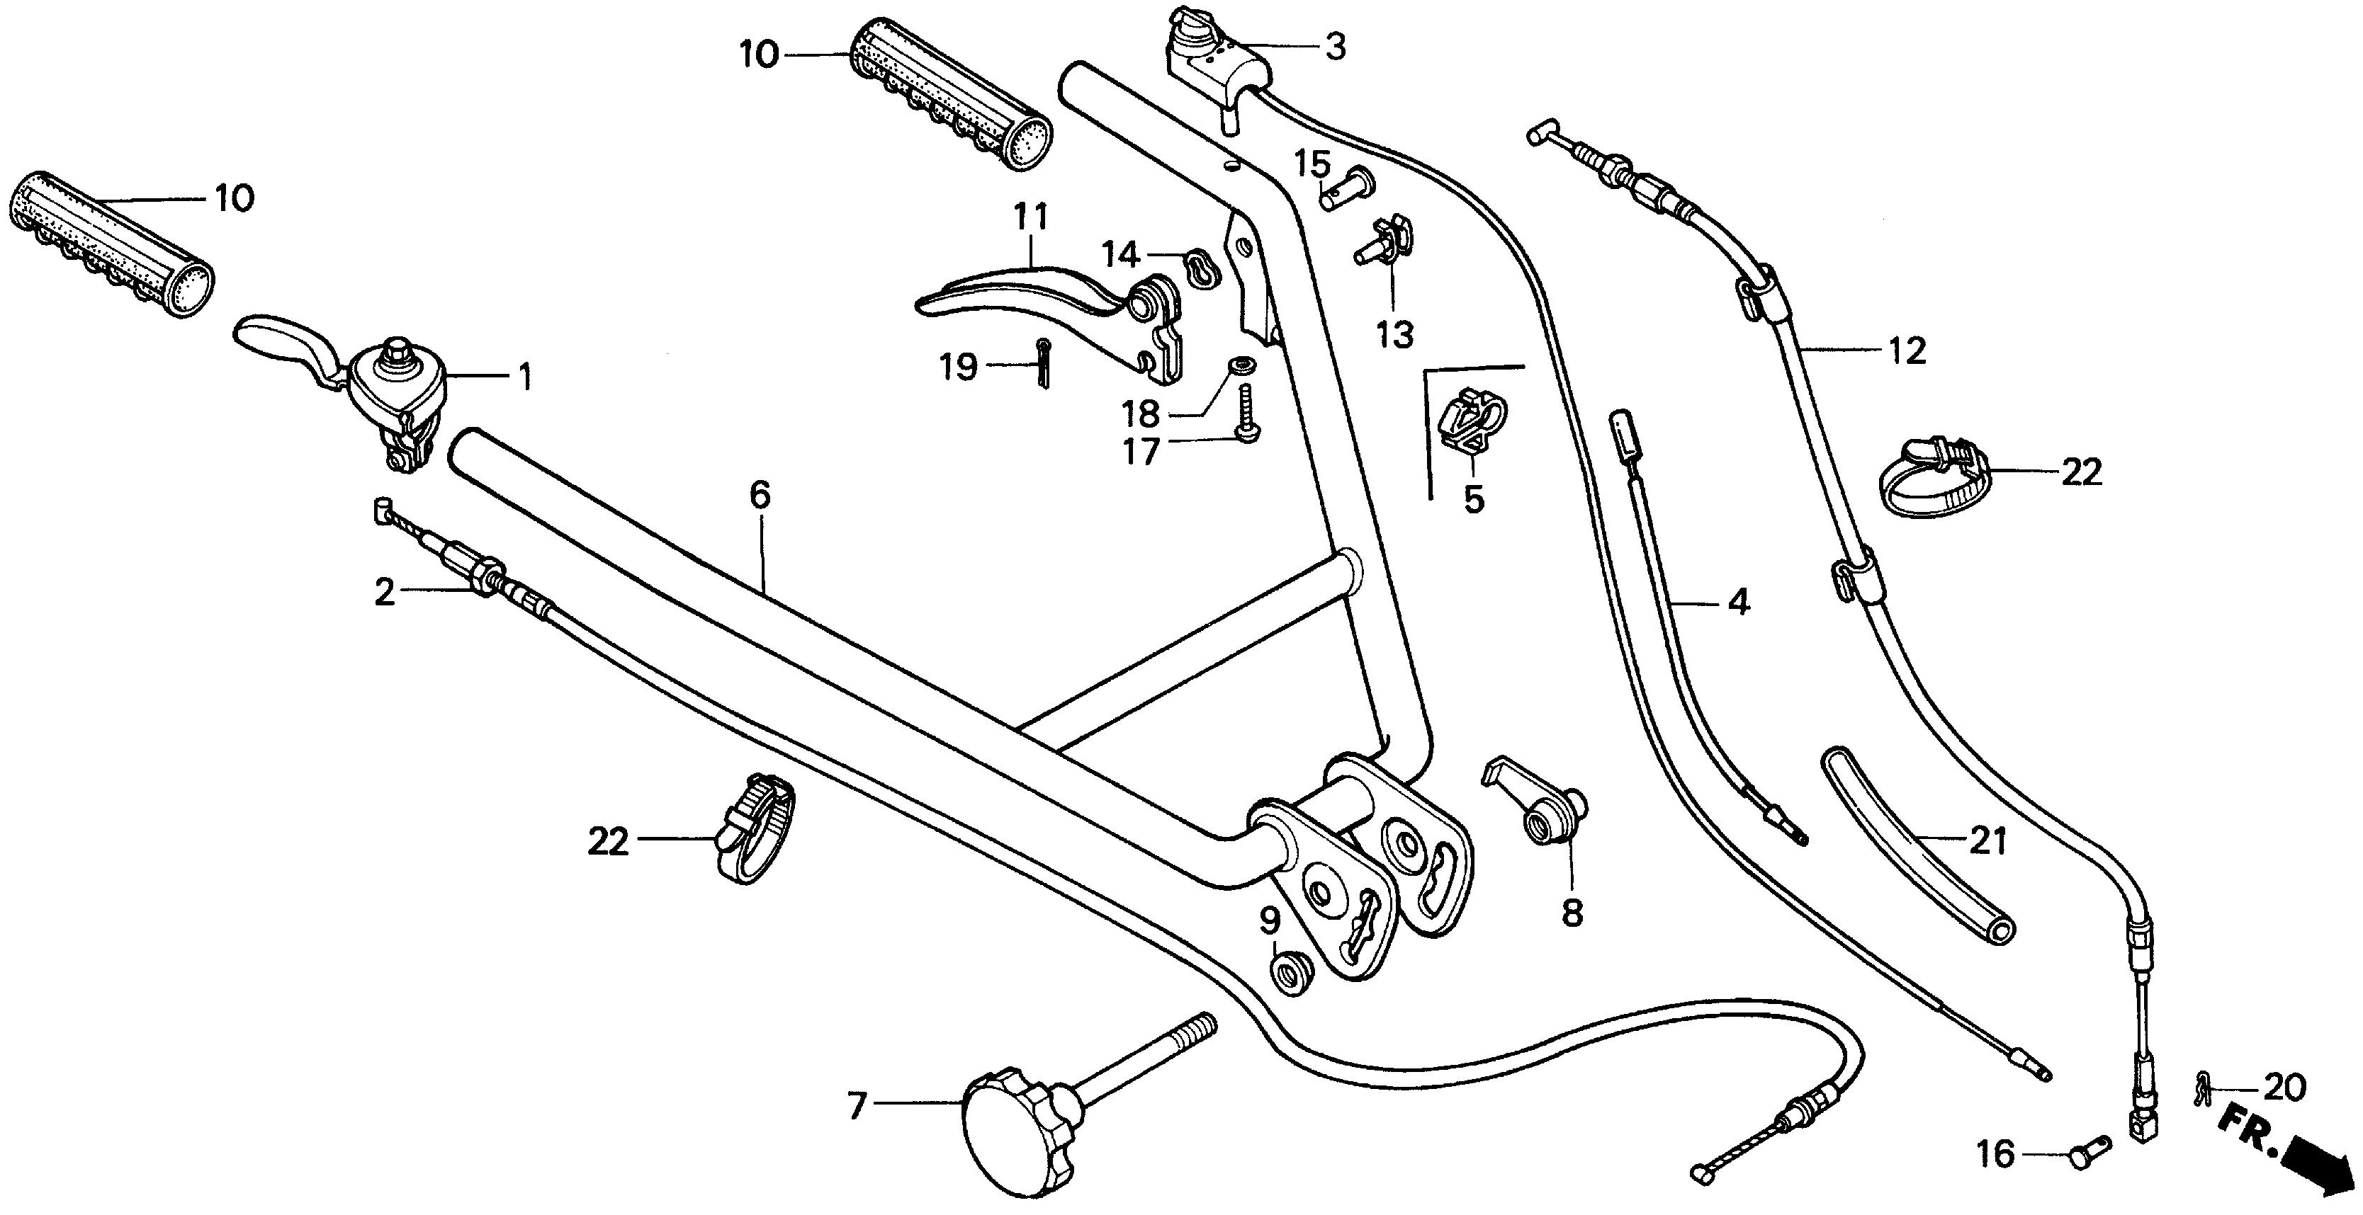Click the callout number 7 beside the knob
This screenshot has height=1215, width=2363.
857,1107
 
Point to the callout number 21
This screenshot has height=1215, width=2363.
1987,841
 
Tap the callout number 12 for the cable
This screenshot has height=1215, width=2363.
1908,350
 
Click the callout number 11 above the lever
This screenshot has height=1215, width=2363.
1031,217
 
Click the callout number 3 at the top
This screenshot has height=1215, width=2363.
1336,47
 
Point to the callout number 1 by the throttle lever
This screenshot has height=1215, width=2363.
526,376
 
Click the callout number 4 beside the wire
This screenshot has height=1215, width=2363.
1738,603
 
